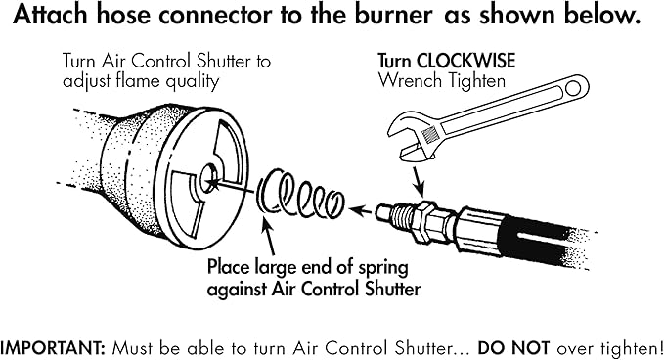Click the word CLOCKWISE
pyautogui.click(x=469, y=60)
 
